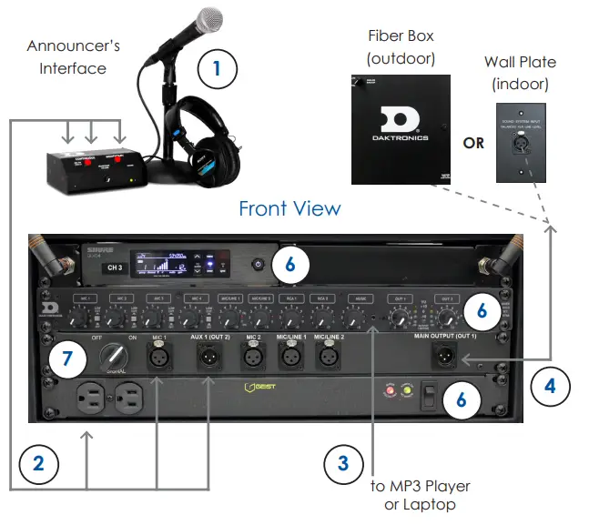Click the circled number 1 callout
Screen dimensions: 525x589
[x=215, y=67]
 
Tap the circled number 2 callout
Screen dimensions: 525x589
[x=37, y=462]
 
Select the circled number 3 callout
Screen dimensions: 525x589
[x=342, y=463]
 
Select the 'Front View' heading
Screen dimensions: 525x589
[x=289, y=208]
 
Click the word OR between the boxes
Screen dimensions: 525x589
[x=473, y=144]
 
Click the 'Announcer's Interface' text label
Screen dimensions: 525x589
[x=73, y=56]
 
